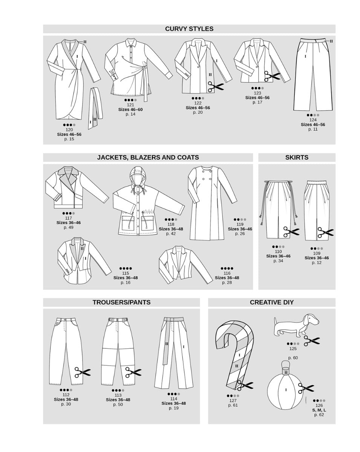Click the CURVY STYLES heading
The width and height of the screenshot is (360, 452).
pyautogui.click(x=189, y=29)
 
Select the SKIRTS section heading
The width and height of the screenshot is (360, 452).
pyautogui.click(x=297, y=157)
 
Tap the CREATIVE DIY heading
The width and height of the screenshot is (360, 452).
pyautogui.click(x=271, y=302)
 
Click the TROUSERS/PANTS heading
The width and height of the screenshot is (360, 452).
pyautogui.click(x=121, y=302)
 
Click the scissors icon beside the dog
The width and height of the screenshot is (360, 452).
pyautogui.click(x=312, y=341)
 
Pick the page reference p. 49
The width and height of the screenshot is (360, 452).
pyautogui.click(x=68, y=228)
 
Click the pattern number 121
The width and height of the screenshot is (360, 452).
pyautogui.click(x=130, y=105)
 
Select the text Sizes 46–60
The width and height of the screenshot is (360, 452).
pyautogui.click(x=130, y=110)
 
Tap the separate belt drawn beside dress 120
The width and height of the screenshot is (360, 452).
pyautogui.click(x=93, y=107)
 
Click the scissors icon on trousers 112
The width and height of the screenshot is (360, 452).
pyautogui.click(x=83, y=373)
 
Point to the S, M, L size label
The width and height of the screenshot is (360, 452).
pyautogui.click(x=319, y=410)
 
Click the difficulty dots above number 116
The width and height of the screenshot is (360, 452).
pyautogui.click(x=227, y=268)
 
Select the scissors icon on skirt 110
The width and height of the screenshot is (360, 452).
pyautogui.click(x=291, y=231)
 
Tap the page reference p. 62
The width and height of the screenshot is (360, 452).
pyautogui.click(x=319, y=415)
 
